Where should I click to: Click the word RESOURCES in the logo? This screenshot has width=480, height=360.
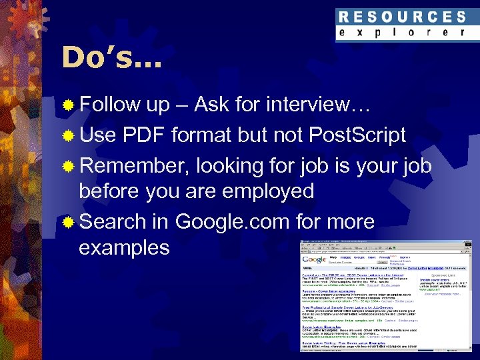tap(401, 17)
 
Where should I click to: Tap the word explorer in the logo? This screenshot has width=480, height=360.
tap(401, 33)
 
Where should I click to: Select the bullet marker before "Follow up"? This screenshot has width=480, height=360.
tap(68, 105)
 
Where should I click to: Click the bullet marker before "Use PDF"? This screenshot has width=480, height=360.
tap(68, 135)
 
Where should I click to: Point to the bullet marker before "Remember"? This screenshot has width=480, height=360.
tap(68, 166)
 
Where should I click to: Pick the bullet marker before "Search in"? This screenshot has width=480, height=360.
tap(68, 222)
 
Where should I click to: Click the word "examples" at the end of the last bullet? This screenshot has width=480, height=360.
tap(124, 247)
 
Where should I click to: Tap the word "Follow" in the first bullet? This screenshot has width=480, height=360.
tap(110, 105)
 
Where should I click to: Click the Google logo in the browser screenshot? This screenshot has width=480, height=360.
tap(315, 259)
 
